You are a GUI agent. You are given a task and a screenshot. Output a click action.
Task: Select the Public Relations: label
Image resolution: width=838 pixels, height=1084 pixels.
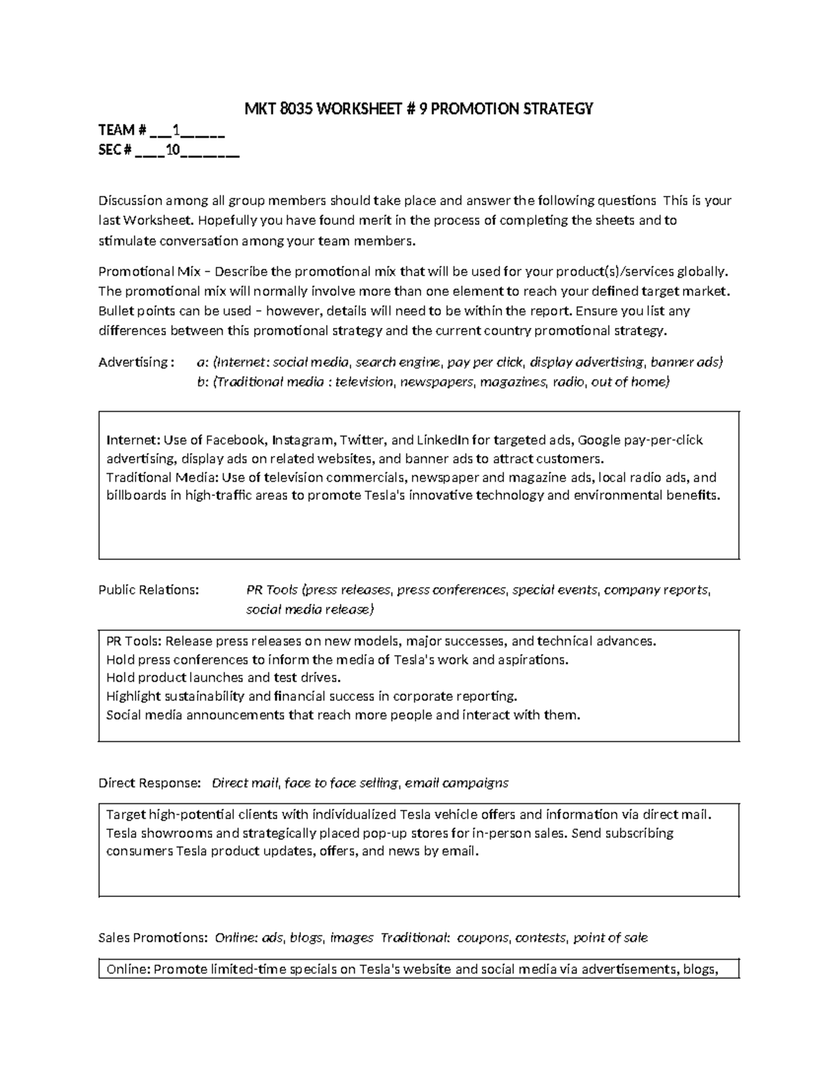coord(149,590)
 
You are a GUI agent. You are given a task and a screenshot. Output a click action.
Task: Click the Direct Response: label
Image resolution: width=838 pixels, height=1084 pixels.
coord(149,783)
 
